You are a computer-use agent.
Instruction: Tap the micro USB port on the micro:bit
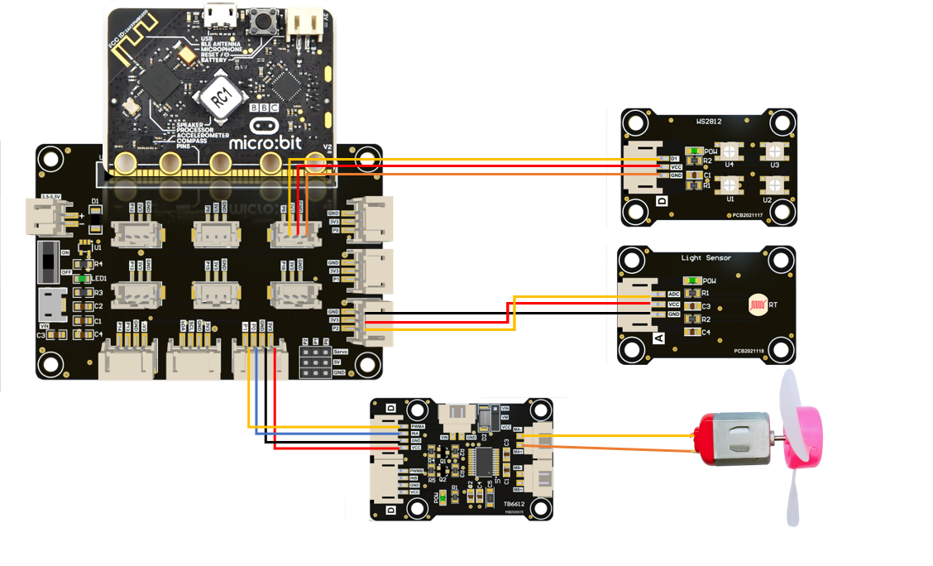tap(220, 15)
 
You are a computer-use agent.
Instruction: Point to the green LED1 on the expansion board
tap(81, 279)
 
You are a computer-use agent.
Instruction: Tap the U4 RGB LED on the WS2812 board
tap(729, 151)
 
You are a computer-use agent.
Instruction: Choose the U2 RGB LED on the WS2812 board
tap(774, 188)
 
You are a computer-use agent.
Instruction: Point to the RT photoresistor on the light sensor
tap(755, 305)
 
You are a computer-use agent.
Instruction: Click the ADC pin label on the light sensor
tap(672, 294)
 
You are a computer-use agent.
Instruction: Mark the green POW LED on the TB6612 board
tap(444, 497)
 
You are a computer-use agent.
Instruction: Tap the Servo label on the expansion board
tap(341, 351)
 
